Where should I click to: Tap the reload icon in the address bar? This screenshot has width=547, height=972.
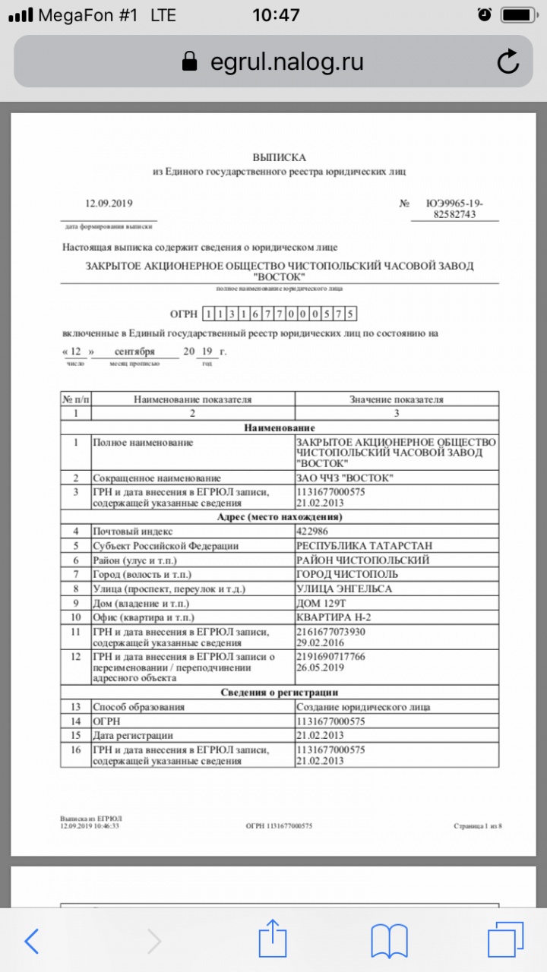507,62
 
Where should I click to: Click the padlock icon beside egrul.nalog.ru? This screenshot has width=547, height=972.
191,62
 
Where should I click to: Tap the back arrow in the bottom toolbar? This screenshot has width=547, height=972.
32,941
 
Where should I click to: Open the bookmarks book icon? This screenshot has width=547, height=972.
389,941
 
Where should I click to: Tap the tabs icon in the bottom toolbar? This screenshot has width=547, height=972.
505,940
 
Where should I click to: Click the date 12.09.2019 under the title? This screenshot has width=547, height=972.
109,203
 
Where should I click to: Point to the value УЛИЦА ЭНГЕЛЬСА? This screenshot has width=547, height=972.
343,589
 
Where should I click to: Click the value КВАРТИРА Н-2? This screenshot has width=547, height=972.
334,617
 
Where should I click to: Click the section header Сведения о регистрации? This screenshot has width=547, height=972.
279,693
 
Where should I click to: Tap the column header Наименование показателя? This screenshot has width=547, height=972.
192,399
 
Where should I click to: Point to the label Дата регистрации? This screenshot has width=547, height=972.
132,736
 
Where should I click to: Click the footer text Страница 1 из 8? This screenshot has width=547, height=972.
477,825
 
